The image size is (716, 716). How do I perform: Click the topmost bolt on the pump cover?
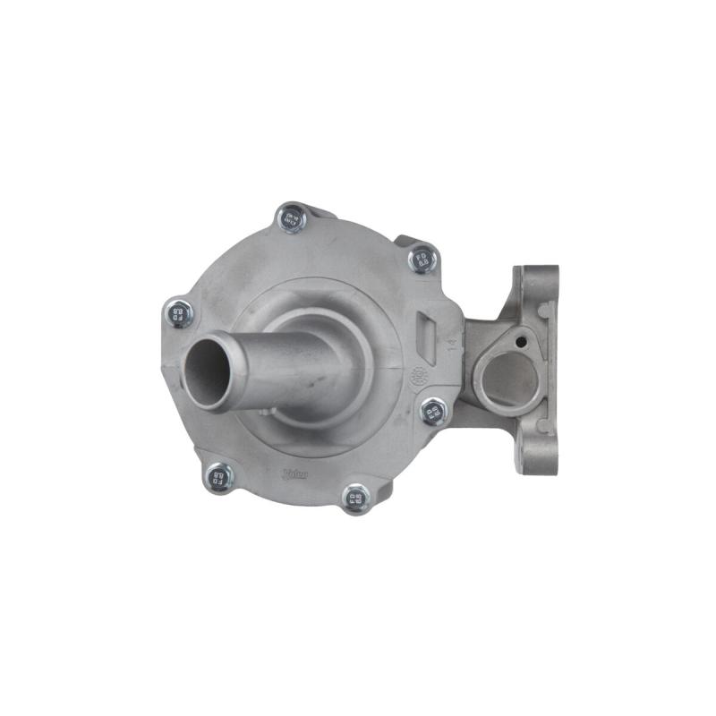(x=291, y=217)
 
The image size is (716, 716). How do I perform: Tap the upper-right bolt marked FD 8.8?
(x=422, y=260)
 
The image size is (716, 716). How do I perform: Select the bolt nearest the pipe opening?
(x=180, y=313)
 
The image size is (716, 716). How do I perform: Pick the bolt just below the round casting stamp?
(x=433, y=412)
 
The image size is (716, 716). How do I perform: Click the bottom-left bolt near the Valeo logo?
(x=217, y=478)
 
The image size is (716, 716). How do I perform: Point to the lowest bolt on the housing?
(x=356, y=498)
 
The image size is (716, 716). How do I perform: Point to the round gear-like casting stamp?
(x=419, y=377)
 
